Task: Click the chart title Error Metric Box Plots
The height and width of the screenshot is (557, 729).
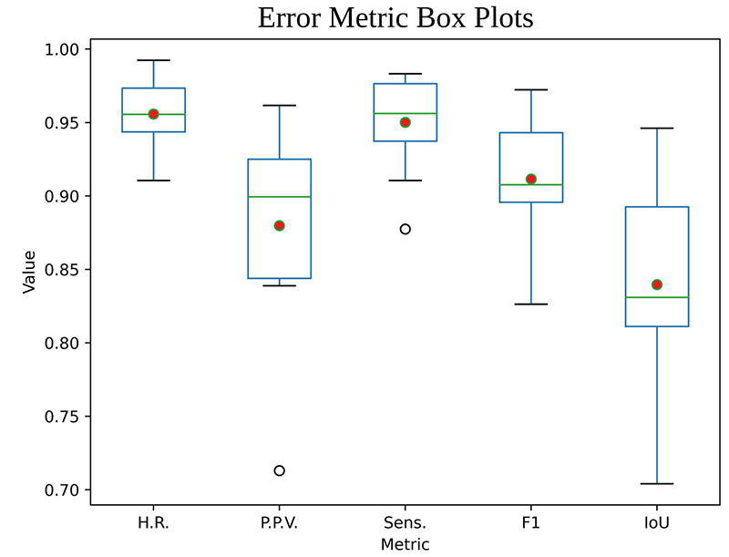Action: (x=395, y=18)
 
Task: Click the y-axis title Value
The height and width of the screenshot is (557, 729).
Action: (x=28, y=271)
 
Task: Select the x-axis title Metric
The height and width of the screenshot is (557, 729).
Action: (x=405, y=543)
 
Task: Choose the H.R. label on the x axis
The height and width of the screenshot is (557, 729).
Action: (x=154, y=523)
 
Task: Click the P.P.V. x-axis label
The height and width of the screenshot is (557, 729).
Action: (x=280, y=523)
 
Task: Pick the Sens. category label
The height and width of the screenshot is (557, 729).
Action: (x=406, y=523)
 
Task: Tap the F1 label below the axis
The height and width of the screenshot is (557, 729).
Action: (x=531, y=523)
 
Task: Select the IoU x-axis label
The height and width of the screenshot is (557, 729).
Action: (x=657, y=523)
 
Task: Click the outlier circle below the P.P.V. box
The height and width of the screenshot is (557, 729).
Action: (x=280, y=470)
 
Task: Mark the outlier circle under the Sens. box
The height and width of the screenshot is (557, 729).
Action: (x=406, y=229)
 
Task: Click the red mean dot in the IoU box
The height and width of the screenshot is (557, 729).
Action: (x=657, y=284)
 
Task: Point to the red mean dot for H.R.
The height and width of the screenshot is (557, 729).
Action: (x=154, y=114)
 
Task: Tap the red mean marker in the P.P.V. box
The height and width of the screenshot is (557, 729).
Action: (x=280, y=225)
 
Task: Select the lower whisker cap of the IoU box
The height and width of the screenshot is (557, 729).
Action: (x=657, y=484)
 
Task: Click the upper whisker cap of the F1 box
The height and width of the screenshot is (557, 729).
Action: (x=531, y=89)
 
